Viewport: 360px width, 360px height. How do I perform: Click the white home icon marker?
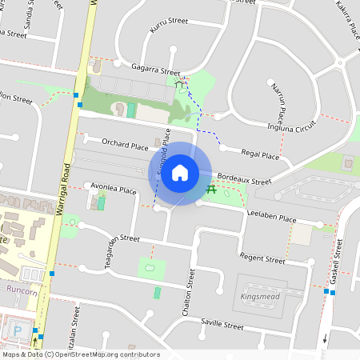tap(180, 172)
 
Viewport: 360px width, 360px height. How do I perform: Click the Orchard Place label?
tap(125, 146)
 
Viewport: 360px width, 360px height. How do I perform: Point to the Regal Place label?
tap(259, 155)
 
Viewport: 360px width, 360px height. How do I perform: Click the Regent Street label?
tap(263, 260)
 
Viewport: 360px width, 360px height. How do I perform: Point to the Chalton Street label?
tap(190, 290)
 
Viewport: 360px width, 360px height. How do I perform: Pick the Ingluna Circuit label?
tap(292, 126)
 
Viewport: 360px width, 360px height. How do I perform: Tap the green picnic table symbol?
tap(212, 190)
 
